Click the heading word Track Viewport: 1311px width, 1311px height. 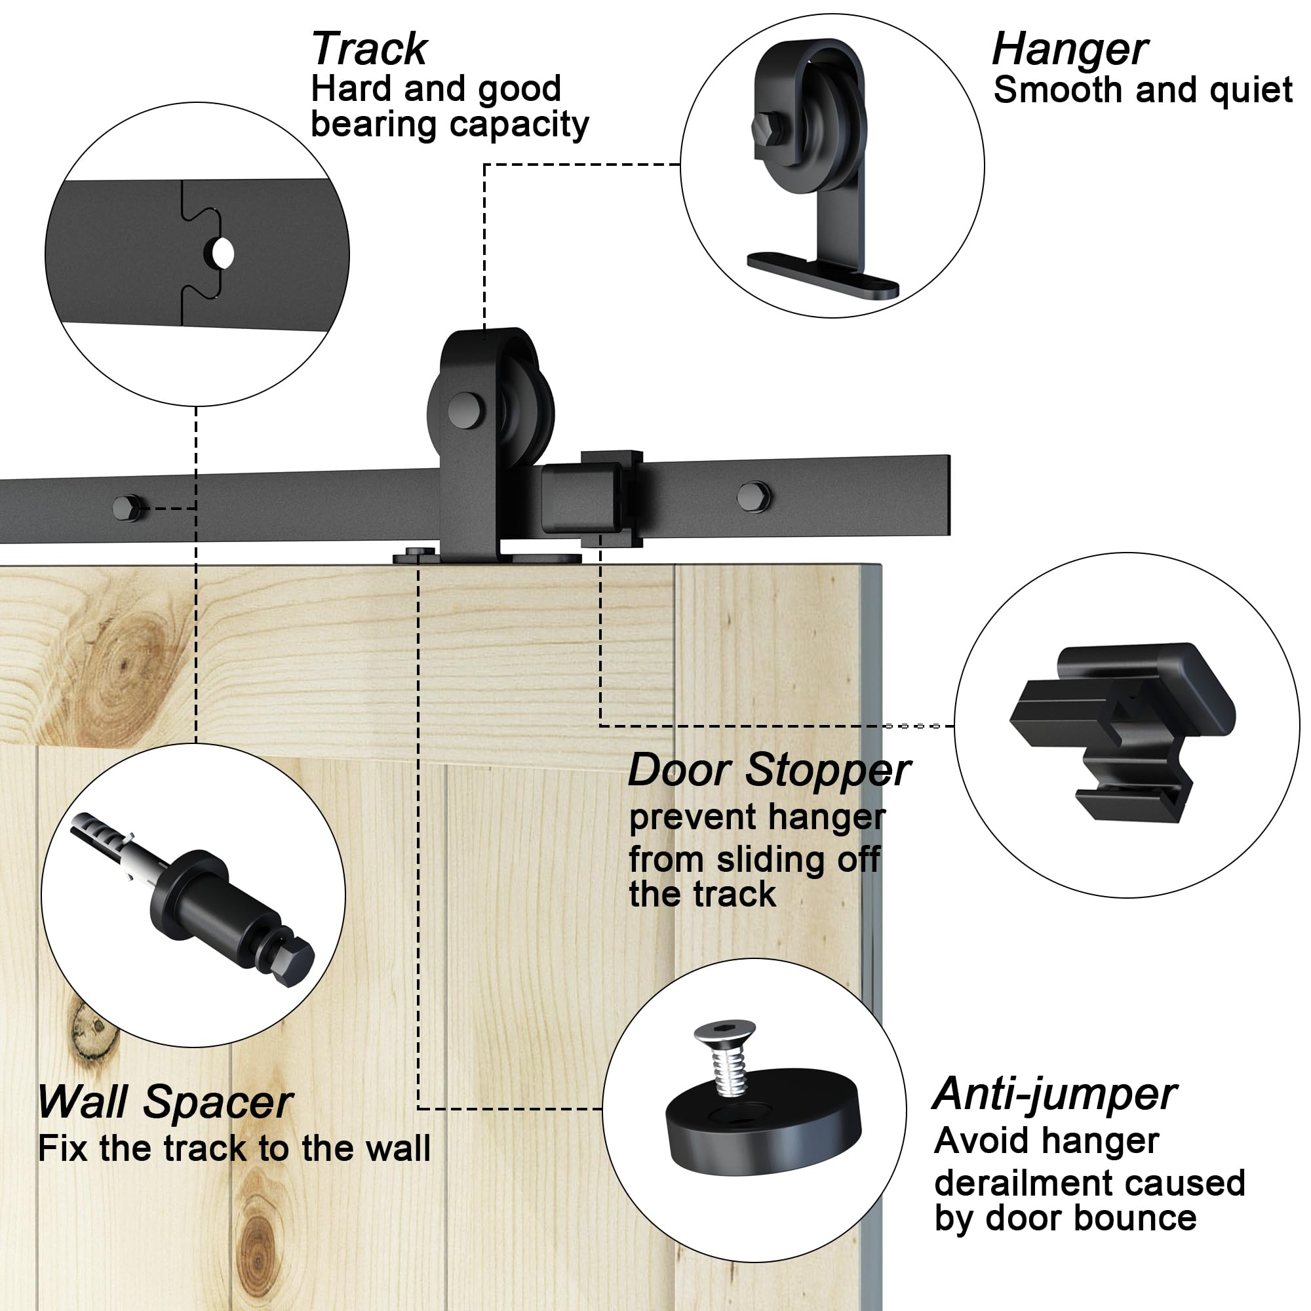[368, 50]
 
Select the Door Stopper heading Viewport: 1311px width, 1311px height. [768, 770]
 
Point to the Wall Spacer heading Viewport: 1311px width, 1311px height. [165, 1101]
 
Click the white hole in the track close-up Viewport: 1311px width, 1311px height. [223, 254]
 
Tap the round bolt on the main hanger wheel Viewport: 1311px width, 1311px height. [465, 410]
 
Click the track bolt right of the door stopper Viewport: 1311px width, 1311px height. [753, 497]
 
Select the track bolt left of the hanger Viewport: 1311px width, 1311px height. [127, 507]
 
